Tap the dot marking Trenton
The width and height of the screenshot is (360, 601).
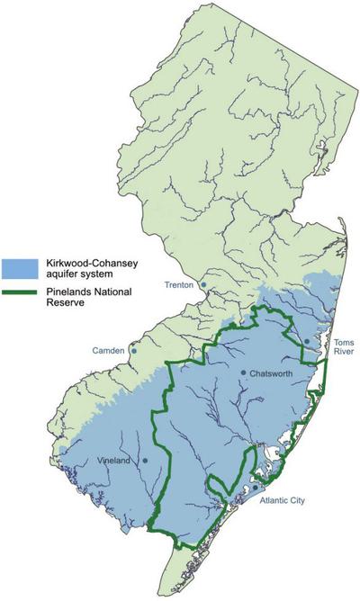click(x=204, y=285)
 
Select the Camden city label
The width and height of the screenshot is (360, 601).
click(x=109, y=349)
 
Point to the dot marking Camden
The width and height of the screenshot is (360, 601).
click(x=134, y=351)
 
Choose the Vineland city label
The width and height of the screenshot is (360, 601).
click(x=114, y=461)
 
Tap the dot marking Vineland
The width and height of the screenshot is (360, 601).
click(x=145, y=461)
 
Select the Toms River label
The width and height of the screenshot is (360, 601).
click(x=344, y=348)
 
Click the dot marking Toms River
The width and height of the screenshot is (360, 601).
click(x=307, y=341)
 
